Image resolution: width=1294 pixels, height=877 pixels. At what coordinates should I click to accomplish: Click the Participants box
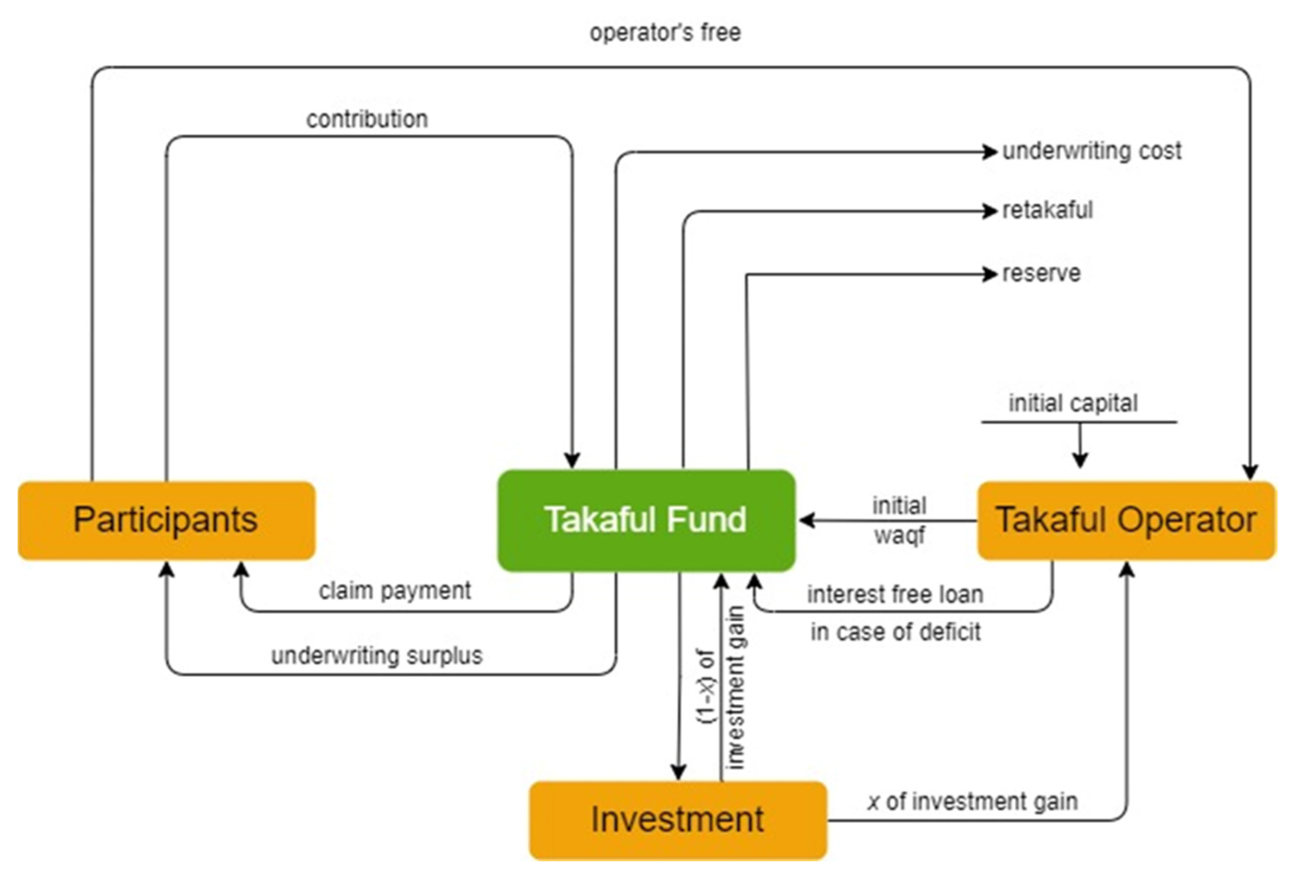pyautogui.click(x=166, y=520)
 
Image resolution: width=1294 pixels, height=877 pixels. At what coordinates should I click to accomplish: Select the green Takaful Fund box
pyautogui.click(x=646, y=520)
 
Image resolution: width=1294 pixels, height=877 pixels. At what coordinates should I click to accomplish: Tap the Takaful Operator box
pyautogui.click(x=1126, y=520)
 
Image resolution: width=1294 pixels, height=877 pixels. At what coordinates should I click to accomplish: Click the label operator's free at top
pyautogui.click(x=665, y=33)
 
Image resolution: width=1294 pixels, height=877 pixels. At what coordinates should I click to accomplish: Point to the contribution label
pyautogui.click(x=367, y=119)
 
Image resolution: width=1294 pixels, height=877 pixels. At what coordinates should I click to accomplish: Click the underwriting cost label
pyautogui.click(x=1091, y=151)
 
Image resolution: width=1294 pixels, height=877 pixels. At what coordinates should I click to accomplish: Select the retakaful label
pyautogui.click(x=1047, y=210)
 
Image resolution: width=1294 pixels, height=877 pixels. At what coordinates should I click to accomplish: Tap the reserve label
pyautogui.click(x=1041, y=273)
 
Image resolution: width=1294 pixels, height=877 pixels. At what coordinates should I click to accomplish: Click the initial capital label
pyautogui.click(x=1073, y=403)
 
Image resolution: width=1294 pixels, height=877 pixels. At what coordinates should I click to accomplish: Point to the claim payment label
pyautogui.click(x=395, y=590)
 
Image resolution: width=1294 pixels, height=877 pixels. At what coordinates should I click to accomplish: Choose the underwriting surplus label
pyautogui.click(x=377, y=655)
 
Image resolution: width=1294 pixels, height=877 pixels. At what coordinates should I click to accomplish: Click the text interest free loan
pyautogui.click(x=895, y=594)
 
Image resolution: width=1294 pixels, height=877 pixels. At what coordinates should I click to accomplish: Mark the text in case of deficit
pyautogui.click(x=895, y=632)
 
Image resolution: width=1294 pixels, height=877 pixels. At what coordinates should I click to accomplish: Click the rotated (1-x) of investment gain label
pyautogui.click(x=722, y=687)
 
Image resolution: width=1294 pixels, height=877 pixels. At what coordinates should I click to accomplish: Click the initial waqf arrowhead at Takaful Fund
pyautogui.click(x=806, y=521)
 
